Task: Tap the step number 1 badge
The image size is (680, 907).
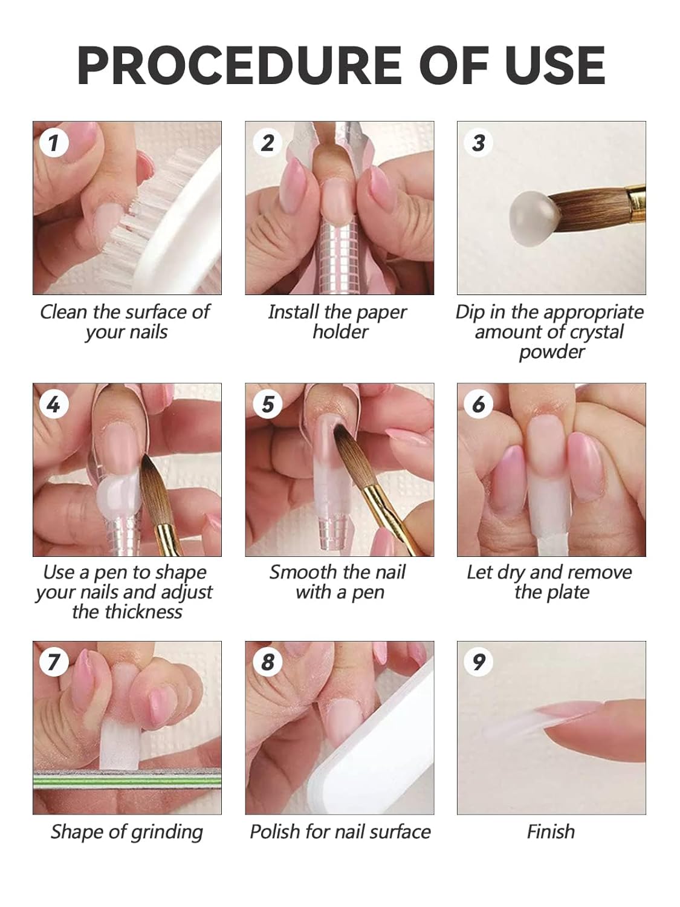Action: click(54, 143)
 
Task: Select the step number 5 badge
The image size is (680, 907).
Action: click(267, 404)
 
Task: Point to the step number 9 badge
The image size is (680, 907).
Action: click(479, 662)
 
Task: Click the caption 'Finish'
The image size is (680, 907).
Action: click(551, 831)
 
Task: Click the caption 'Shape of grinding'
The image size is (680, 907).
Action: click(127, 832)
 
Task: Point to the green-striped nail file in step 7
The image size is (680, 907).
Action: click(127, 782)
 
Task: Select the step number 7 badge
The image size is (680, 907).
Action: click(54, 662)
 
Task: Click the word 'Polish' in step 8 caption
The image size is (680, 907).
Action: click(276, 831)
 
